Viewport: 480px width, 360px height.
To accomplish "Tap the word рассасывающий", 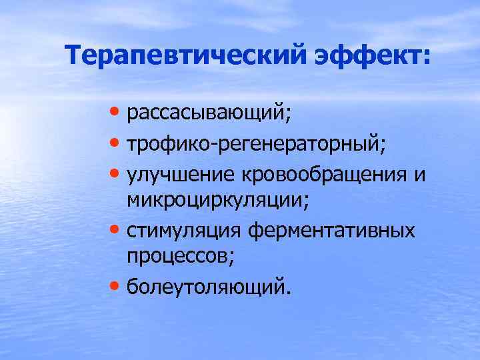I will (x=207, y=115).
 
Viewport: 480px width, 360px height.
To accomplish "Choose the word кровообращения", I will (x=325, y=173).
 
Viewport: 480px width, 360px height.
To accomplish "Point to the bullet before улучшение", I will (x=116, y=171).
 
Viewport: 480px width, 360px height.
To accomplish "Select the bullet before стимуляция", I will (x=116, y=229).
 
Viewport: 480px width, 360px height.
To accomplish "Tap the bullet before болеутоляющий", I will (x=116, y=286).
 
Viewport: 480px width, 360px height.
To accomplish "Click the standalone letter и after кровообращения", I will (x=420, y=174).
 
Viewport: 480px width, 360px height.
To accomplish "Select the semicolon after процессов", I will (x=233, y=261).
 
